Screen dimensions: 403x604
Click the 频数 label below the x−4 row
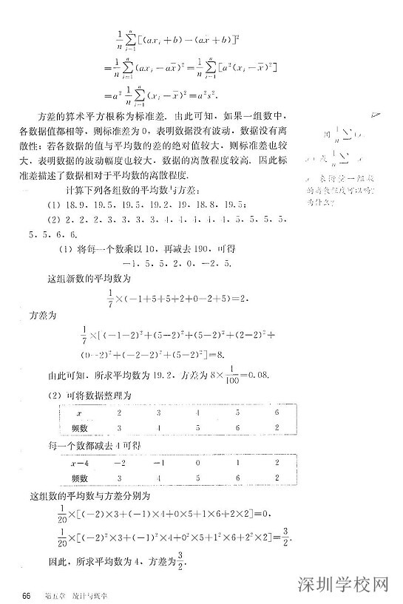[x=79, y=478]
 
